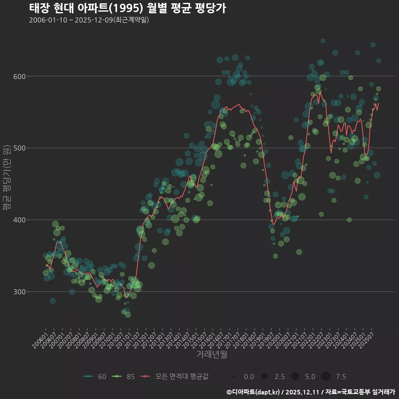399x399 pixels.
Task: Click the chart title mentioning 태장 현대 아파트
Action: [128, 8]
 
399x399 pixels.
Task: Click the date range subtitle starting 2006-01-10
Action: [89, 20]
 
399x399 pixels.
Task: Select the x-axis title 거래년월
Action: [212, 355]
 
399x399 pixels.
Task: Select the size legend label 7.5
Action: [341, 377]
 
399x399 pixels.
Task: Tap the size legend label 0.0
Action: [249, 377]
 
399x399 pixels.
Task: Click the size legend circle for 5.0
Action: [295, 377]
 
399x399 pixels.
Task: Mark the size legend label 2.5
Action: [280, 377]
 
